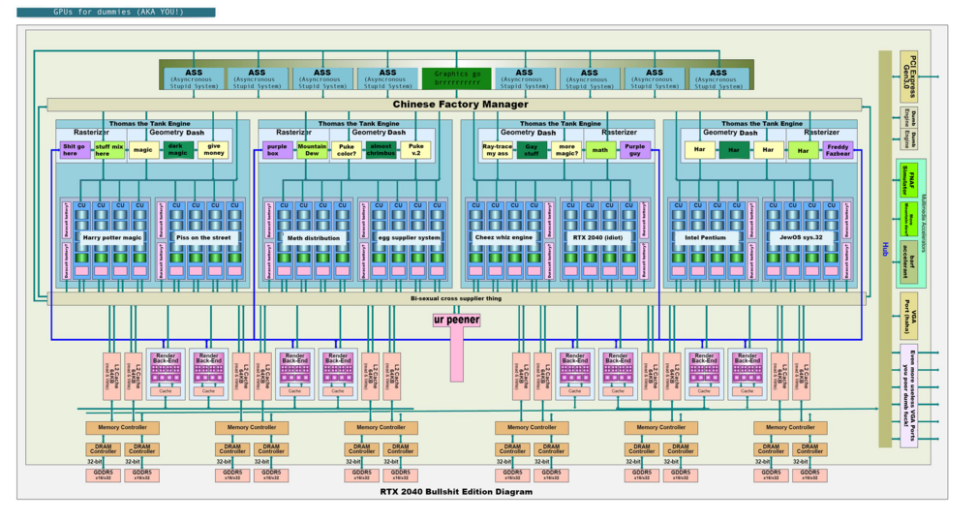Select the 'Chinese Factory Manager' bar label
click(x=460, y=105)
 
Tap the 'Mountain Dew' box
click(x=312, y=150)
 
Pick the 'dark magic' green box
click(x=177, y=150)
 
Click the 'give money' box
click(x=213, y=150)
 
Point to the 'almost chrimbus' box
click(x=380, y=150)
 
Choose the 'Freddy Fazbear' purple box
click(x=837, y=150)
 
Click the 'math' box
click(x=600, y=150)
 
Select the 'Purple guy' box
click(x=635, y=150)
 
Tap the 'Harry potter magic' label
click(x=112, y=237)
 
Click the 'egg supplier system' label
click(x=409, y=237)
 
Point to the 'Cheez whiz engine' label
click(x=504, y=237)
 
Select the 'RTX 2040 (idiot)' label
click(x=599, y=237)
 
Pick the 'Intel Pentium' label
click(x=705, y=237)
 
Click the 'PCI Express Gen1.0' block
click(x=908, y=75)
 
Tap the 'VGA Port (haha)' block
click(x=908, y=315)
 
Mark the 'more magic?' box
click(x=565, y=150)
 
